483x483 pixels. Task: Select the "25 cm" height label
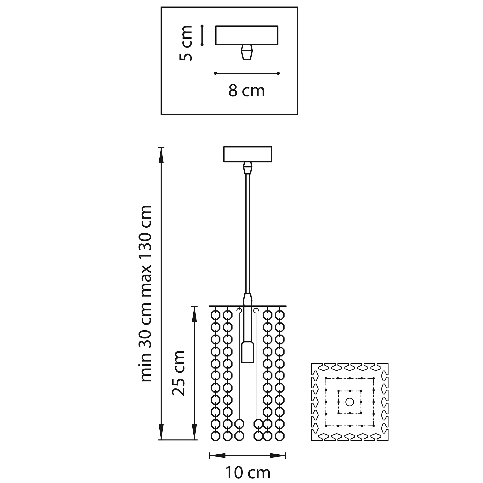click(179, 372)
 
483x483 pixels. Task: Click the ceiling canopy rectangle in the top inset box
click(247, 35)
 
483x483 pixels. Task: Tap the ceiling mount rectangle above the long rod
click(247, 154)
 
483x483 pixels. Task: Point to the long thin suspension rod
click(247, 232)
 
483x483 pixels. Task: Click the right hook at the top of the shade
click(255, 310)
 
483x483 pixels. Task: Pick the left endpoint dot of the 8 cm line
click(215, 73)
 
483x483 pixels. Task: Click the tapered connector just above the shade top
click(247, 299)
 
